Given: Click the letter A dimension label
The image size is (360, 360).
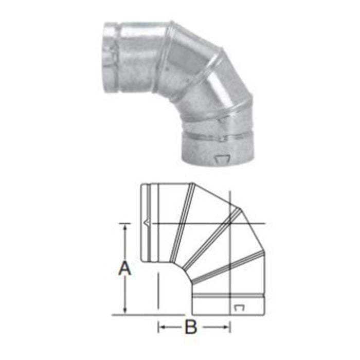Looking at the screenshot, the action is (124, 267).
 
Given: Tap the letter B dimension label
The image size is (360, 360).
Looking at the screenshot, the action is (191, 327).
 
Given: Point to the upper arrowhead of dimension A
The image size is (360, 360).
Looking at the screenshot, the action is (125, 228).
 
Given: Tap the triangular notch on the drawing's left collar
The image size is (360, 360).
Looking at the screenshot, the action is (147, 222).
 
